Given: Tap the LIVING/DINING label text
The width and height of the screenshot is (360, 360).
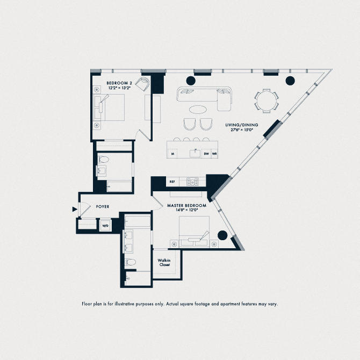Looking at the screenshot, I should coord(242,125).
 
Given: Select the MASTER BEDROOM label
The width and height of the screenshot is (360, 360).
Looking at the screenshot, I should coord(188,206).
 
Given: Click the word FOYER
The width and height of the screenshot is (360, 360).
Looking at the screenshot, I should coord(103,206).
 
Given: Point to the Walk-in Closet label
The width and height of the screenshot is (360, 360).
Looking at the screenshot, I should coord(164,263).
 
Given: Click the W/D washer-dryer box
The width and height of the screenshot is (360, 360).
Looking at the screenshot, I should coord(105,226).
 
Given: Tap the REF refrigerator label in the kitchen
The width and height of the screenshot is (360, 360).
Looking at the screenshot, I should coord(172,182).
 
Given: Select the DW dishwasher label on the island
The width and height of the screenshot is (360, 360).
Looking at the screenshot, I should coord(206,154).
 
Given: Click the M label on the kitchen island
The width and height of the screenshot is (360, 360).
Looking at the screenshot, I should coord(173,154).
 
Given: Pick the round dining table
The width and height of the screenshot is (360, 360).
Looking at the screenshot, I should coord(267,100).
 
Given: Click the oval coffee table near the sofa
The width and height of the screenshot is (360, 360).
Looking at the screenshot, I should coord(198,110).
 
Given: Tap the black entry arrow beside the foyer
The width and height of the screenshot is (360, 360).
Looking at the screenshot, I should coord(74,210).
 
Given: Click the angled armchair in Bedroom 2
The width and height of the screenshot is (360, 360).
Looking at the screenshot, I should coord(142,84).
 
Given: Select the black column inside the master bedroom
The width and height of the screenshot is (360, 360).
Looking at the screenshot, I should coord(221,235).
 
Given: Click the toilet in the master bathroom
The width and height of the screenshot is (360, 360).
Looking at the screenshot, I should coord(129,262).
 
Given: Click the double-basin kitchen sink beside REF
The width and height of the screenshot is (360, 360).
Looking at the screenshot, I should coord(192,182).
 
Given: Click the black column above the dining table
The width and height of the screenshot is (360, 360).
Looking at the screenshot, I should coord(290,81).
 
